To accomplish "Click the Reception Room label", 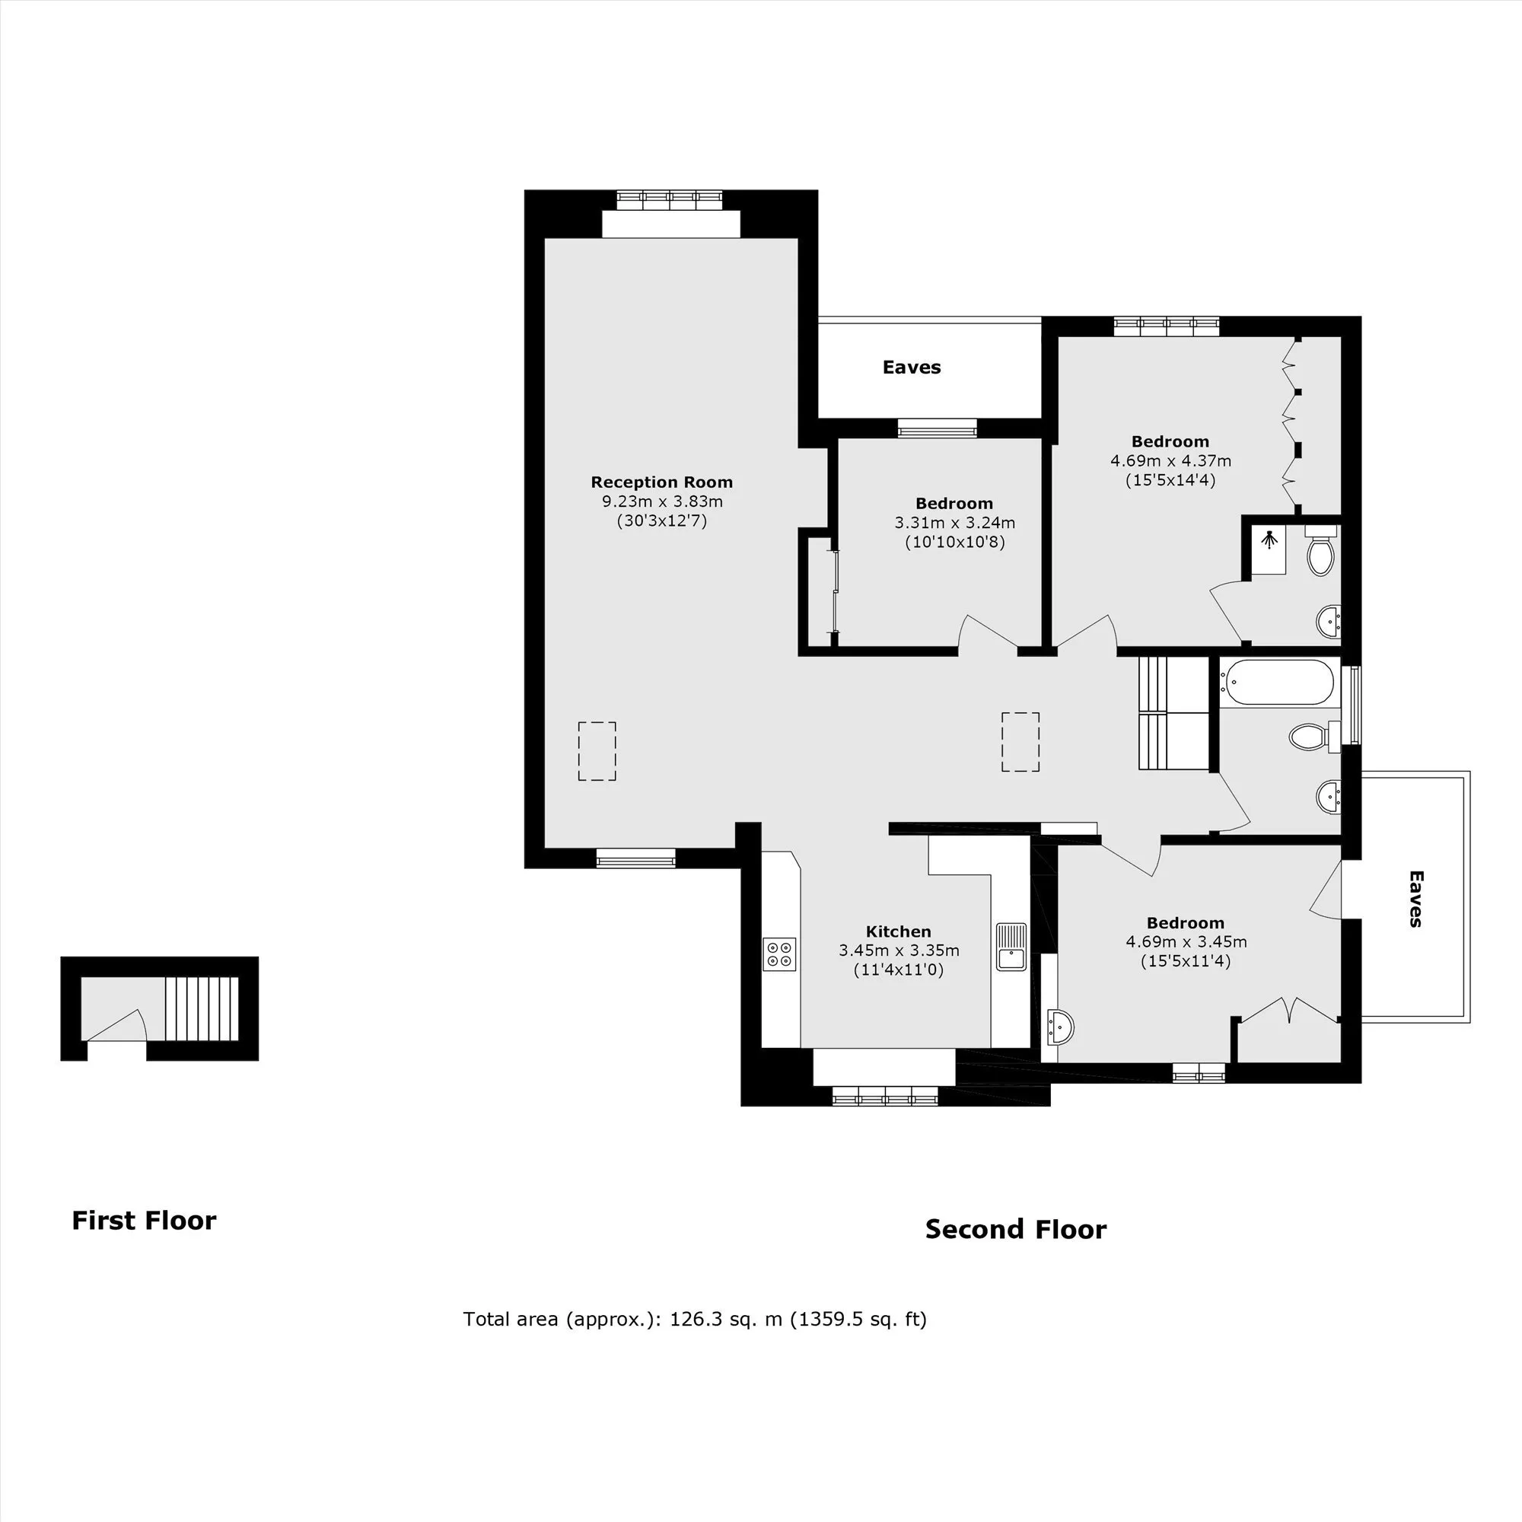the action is (662, 482).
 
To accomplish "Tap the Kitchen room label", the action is (898, 931).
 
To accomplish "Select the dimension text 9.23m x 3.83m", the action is (662, 501).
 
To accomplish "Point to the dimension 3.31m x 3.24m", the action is (954, 522).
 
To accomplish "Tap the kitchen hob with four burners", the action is (780, 954).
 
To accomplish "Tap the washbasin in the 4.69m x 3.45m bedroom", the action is (1060, 1027).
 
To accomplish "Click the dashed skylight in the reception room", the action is (597, 751).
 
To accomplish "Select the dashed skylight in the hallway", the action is (1021, 741).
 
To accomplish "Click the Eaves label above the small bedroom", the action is (912, 367).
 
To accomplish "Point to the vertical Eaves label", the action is (1415, 898).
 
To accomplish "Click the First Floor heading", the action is (144, 1221).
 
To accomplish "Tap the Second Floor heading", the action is (1015, 1229).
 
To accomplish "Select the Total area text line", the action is (695, 1319).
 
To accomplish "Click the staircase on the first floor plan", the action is (201, 1008).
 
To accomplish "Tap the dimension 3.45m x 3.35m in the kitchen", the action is (899, 950).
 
